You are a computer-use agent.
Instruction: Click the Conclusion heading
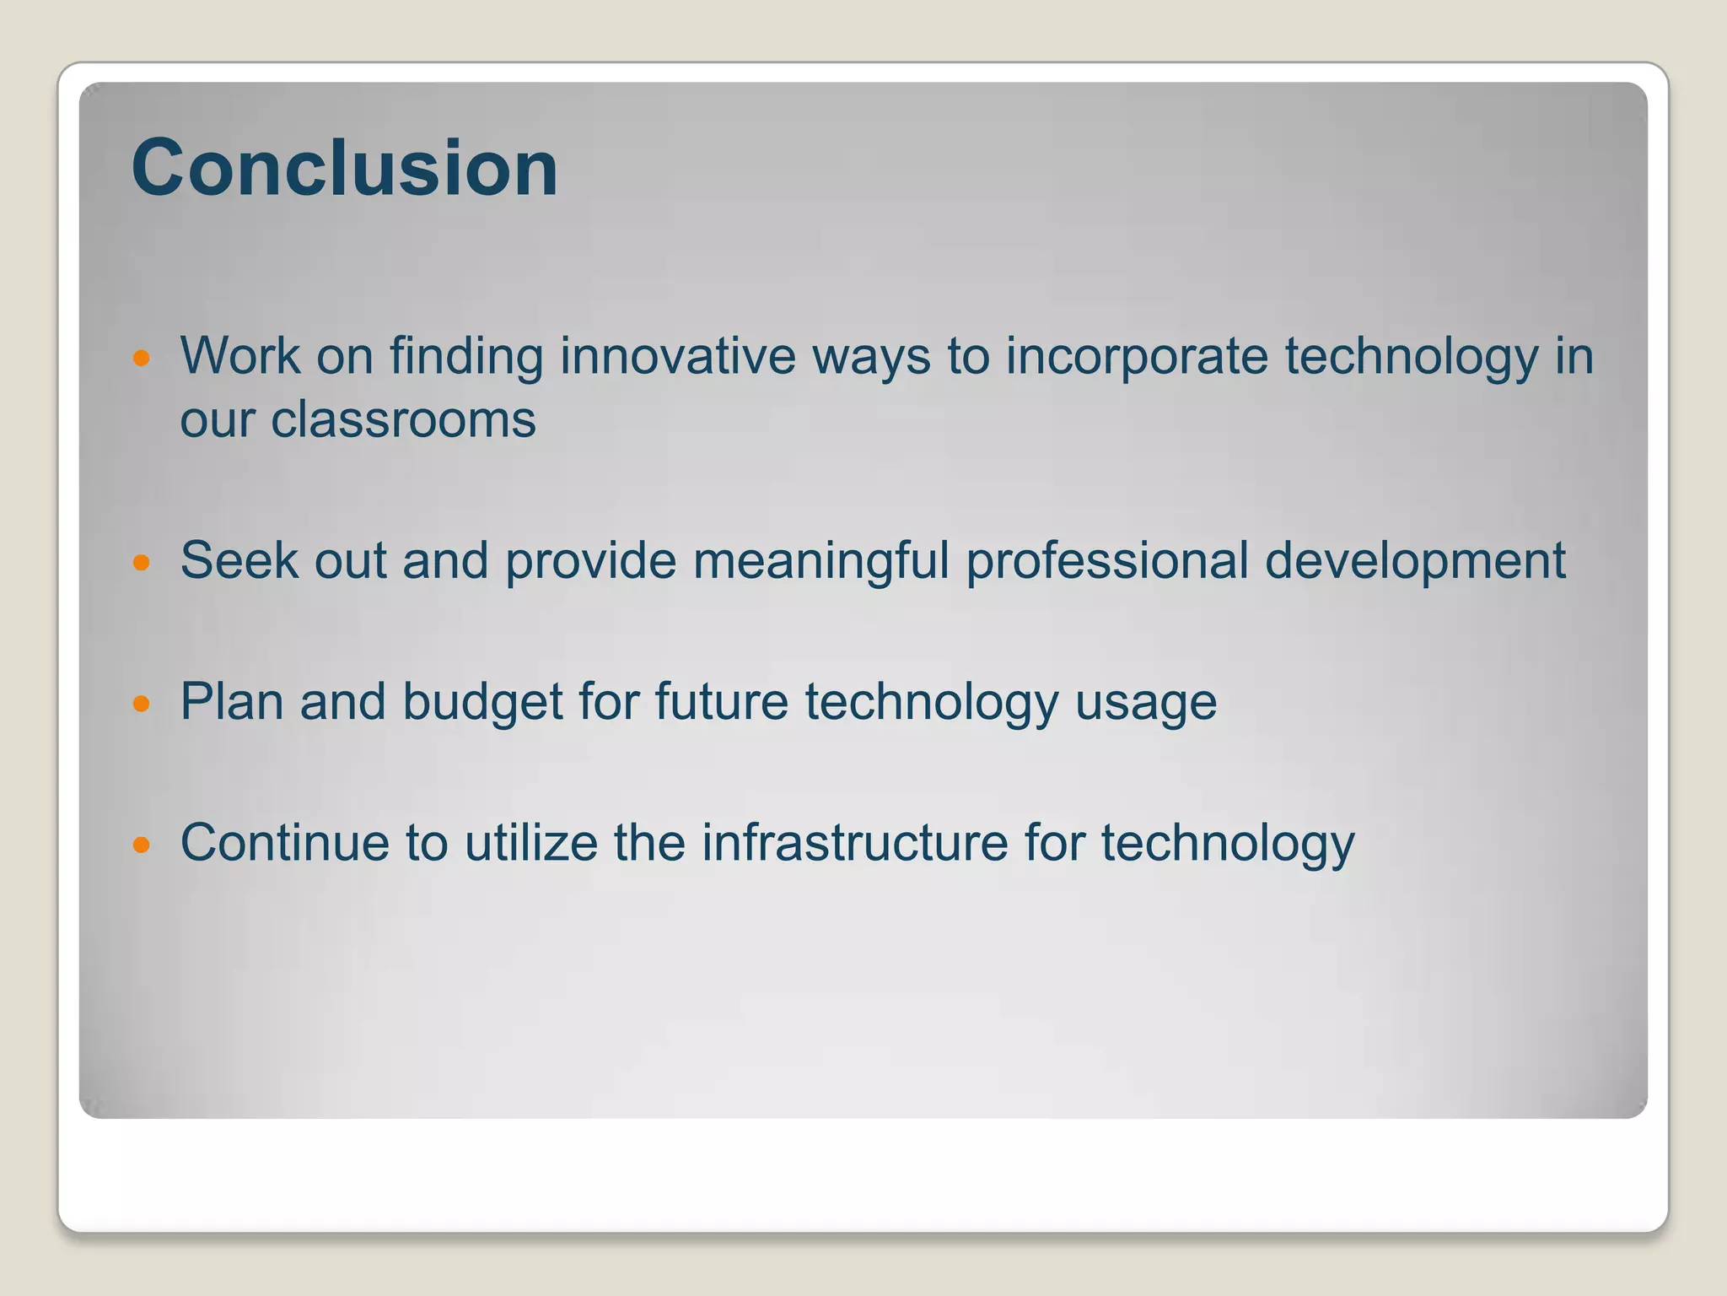344,168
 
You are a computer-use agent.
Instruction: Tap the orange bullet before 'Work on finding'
142,358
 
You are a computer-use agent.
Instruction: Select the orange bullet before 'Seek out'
142,562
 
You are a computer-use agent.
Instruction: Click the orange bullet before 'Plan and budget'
142,703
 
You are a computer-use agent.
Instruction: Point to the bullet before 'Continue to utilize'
142,844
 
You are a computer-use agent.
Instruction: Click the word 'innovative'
677,355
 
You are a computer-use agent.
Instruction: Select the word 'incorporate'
1136,357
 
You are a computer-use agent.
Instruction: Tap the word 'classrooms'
402,419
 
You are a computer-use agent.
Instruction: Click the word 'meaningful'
820,561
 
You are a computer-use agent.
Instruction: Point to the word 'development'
1414,561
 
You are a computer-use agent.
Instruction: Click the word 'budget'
482,702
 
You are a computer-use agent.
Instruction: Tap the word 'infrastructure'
854,842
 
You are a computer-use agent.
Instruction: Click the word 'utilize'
530,842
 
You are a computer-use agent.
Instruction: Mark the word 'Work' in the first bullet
239,355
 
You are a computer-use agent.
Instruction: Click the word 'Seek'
239,560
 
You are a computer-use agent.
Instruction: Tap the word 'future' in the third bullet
721,702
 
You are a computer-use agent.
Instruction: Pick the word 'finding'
465,357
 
